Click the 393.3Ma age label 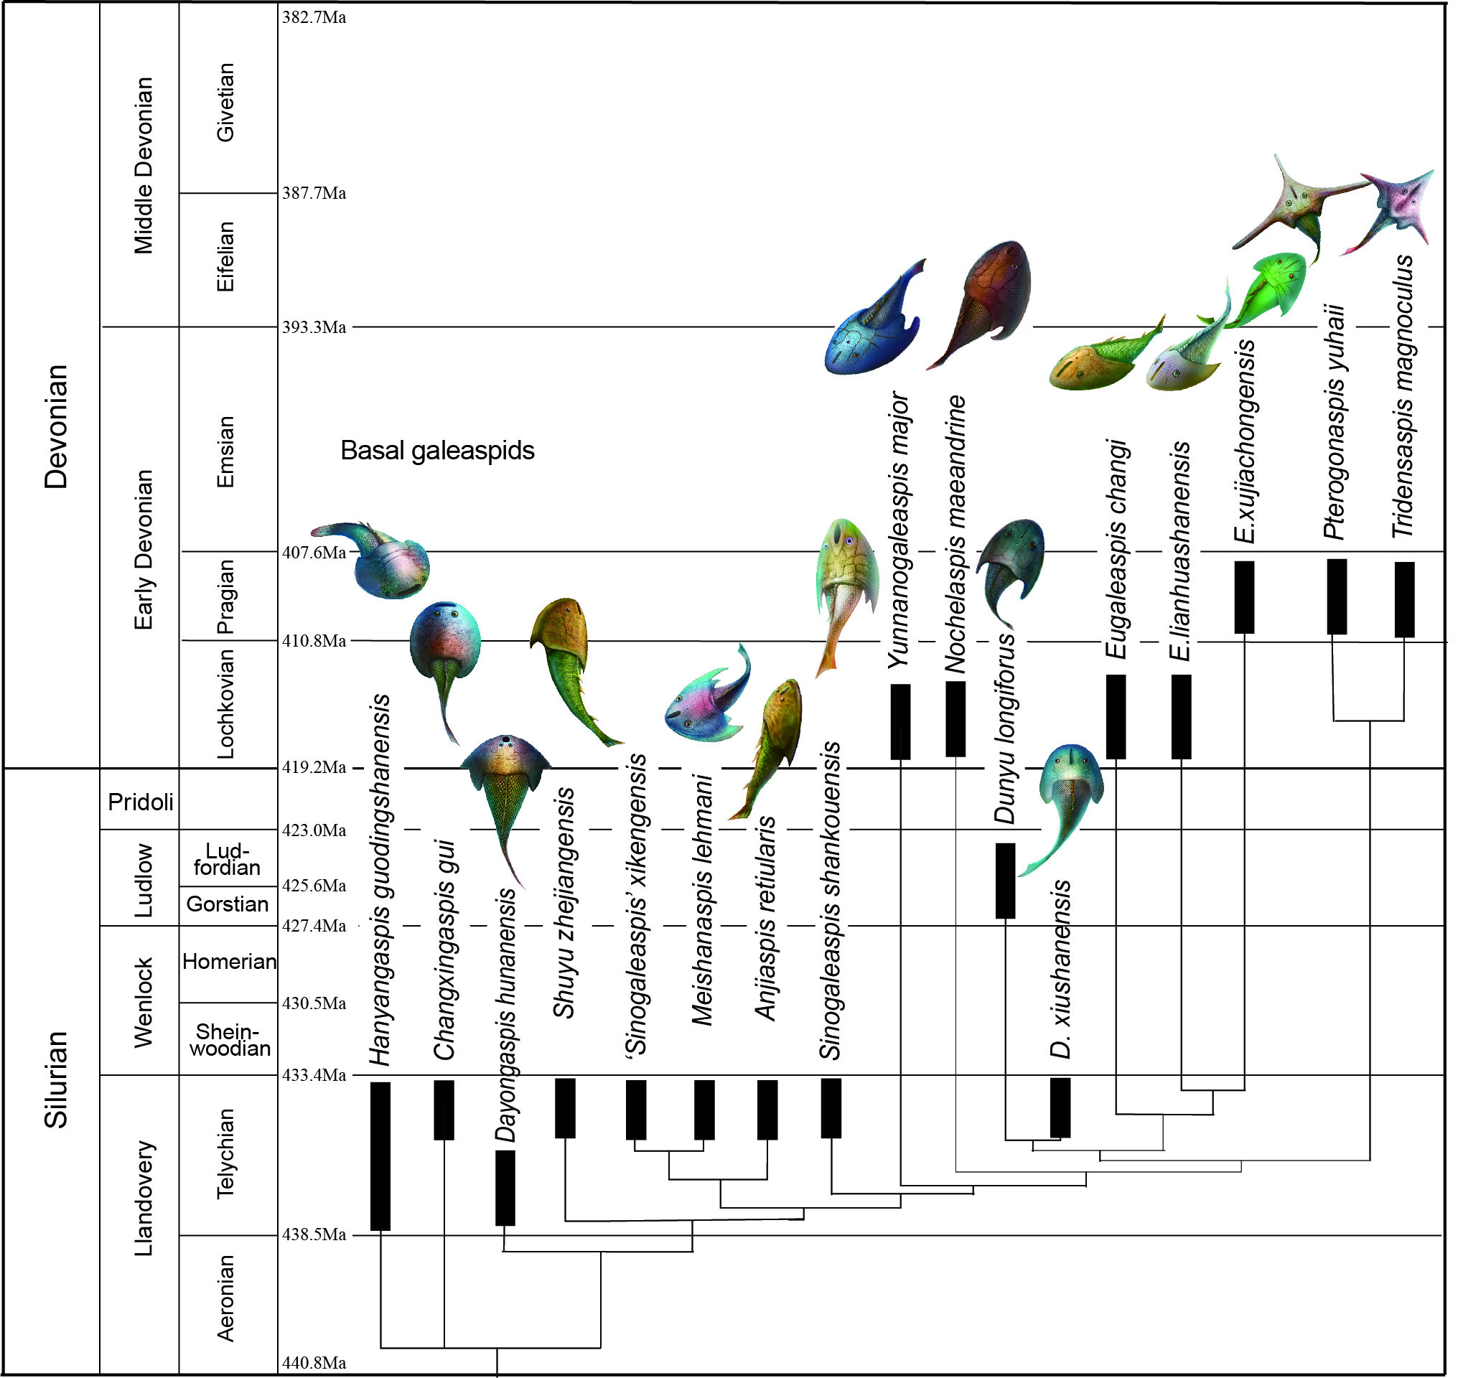point(314,327)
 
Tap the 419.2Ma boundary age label point(314,767)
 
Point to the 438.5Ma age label point(314,1234)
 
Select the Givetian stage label point(225,102)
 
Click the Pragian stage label point(225,596)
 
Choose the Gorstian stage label point(228,904)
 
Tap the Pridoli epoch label point(141,802)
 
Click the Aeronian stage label point(225,1298)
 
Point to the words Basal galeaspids point(438,451)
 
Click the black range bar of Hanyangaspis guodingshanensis point(380,1156)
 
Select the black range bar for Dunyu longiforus point(1005,881)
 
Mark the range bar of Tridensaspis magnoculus point(1405,599)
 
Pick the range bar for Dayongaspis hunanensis point(505,1189)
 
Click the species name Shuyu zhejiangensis point(565,903)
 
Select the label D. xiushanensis point(1060,969)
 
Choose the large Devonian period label point(56,427)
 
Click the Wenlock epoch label point(144,1002)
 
